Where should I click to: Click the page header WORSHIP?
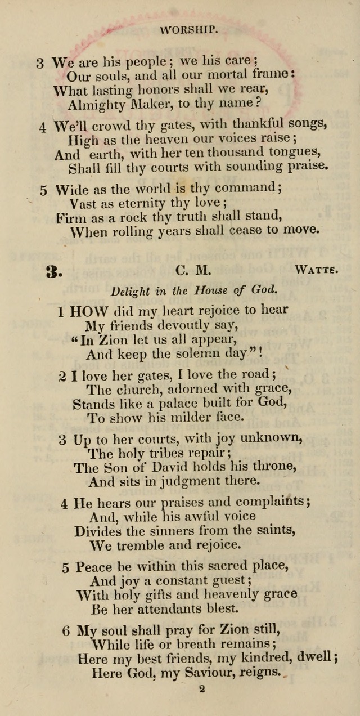188,30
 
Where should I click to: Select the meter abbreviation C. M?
193,271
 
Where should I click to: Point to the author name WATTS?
316,270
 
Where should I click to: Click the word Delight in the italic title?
130,291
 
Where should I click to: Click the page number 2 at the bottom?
202,688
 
